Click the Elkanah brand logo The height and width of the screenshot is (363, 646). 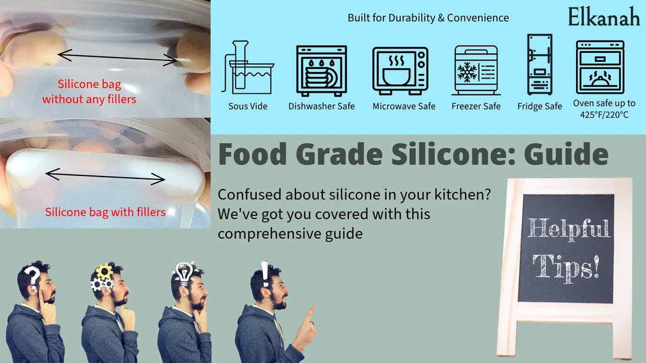click(x=604, y=16)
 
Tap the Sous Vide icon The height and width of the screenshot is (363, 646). click(x=247, y=69)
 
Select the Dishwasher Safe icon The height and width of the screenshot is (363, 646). click(x=321, y=70)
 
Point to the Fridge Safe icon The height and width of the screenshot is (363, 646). click(x=539, y=65)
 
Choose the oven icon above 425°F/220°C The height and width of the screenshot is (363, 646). click(x=600, y=67)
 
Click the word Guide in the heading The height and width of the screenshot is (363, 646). click(x=566, y=154)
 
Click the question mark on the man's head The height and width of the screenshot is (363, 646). click(x=32, y=275)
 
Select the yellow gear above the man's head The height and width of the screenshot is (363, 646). click(x=104, y=270)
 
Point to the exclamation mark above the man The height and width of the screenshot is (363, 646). click(x=265, y=274)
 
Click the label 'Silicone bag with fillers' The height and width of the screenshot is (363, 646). click(x=105, y=212)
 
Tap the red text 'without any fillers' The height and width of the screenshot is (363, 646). click(x=89, y=99)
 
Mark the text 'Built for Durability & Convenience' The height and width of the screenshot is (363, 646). click(x=428, y=18)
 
